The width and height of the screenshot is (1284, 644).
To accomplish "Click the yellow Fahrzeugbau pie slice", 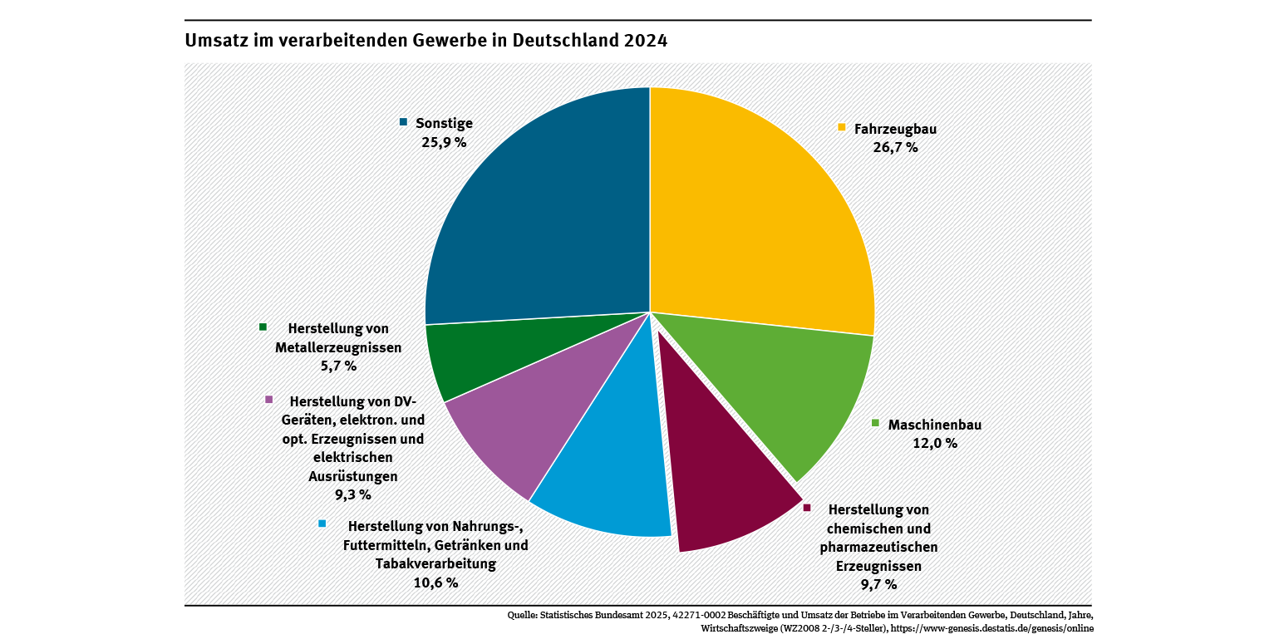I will click(756, 216).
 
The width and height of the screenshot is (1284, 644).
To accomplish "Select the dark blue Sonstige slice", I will click(540, 216).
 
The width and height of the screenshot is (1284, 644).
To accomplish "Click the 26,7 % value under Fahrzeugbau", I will click(895, 148).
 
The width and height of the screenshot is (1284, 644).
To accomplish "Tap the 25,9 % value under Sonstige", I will click(444, 142).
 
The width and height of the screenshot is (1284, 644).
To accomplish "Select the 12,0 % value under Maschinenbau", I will click(935, 444).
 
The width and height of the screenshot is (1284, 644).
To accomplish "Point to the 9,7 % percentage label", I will click(878, 585).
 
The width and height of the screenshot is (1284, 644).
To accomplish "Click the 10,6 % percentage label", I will click(435, 583).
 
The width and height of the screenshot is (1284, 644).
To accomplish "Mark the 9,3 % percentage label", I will click(352, 495).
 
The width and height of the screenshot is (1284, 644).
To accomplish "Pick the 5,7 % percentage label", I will click(338, 366).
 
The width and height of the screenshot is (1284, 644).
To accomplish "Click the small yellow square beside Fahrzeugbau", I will click(842, 128).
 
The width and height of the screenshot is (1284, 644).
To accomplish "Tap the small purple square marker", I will click(268, 400).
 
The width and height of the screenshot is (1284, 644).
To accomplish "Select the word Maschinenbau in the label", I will click(935, 425).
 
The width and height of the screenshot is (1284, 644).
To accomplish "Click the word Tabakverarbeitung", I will click(435, 564).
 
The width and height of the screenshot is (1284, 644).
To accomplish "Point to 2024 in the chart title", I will click(645, 41).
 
